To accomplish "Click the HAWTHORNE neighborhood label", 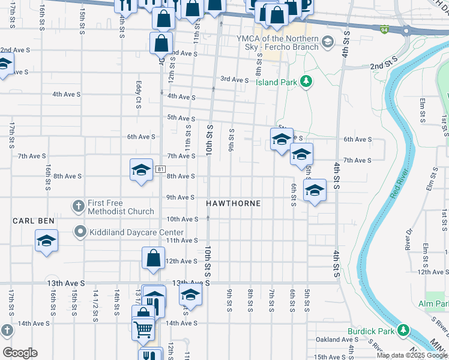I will pos(234,204).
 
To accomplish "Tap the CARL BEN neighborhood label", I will pos(34,221).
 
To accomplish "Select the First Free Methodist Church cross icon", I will pos(78,206).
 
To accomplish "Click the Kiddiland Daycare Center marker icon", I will pos(79,232).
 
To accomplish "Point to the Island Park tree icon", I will pos(306,81).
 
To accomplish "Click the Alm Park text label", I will pos(433,305).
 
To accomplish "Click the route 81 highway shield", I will pos(160,169).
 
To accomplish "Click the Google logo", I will pos(20,353).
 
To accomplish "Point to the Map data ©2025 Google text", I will pos(411,355).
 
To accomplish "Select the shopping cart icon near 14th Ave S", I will pos(142,329).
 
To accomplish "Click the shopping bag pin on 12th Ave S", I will pos(153,258).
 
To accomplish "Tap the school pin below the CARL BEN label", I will pos(46,242).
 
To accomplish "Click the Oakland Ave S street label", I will pos(337,340).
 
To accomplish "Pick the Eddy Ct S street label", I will pos(138,95).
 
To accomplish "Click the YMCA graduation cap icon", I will pos(327,42).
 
